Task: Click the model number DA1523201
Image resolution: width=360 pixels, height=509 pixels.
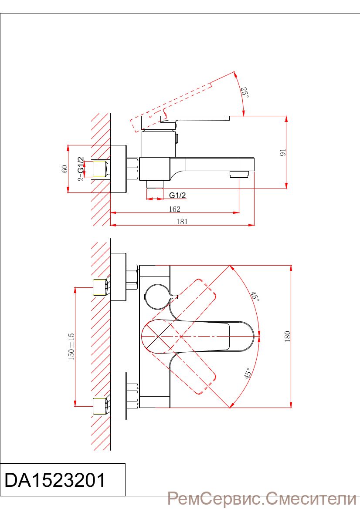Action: (x=55, y=480)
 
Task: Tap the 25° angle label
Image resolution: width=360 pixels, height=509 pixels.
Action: (x=245, y=92)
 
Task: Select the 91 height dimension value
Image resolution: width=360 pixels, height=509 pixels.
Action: (x=283, y=152)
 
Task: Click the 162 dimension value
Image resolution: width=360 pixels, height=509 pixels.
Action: (x=174, y=209)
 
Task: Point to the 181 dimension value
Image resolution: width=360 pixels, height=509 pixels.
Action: (x=182, y=222)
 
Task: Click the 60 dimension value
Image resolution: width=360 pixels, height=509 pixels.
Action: (x=65, y=169)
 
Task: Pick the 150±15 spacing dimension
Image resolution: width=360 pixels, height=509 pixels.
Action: (x=71, y=347)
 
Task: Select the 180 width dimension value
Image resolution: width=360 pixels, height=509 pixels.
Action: (x=287, y=336)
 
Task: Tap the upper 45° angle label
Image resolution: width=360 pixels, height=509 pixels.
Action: (x=255, y=297)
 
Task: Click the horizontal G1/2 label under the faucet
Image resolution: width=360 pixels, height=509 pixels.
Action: (x=177, y=195)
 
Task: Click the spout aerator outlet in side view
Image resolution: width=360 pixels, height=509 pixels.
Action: (x=239, y=174)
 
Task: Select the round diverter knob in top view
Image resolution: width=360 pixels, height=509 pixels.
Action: (x=157, y=297)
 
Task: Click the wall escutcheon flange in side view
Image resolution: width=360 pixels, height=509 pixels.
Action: (x=119, y=169)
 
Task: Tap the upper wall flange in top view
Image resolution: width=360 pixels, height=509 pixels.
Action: (x=119, y=277)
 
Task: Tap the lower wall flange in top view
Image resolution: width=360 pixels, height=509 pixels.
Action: (x=119, y=396)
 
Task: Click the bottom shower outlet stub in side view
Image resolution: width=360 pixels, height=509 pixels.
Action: (x=155, y=184)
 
